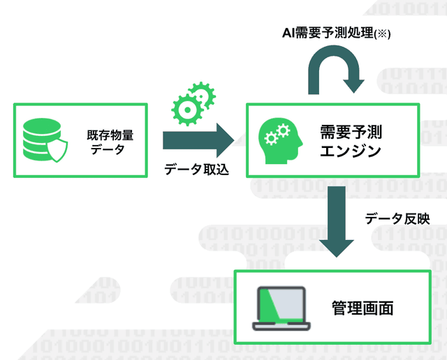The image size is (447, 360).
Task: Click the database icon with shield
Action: tap(45, 140)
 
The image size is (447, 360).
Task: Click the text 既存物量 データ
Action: tap(110, 142)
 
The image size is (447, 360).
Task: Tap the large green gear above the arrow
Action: tap(186, 110)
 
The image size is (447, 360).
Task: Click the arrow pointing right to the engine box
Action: tap(198, 140)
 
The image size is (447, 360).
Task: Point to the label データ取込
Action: tap(196, 170)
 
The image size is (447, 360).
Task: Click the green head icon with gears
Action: tap(280, 141)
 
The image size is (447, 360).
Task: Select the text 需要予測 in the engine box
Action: tap(351, 132)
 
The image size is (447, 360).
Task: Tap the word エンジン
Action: tap(351, 151)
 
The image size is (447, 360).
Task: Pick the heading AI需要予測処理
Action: tap(328, 33)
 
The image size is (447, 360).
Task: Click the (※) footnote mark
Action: tap(382, 34)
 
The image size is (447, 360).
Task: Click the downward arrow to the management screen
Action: tap(337, 222)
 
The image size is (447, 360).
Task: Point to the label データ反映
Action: tap(397, 219)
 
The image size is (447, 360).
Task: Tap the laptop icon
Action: tap(281, 308)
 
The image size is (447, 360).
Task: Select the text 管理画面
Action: tap(362, 308)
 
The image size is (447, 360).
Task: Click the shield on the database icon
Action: tap(57, 151)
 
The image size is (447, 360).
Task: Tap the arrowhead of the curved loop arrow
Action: tap(354, 86)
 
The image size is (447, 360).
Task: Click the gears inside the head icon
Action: tap(277, 134)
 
